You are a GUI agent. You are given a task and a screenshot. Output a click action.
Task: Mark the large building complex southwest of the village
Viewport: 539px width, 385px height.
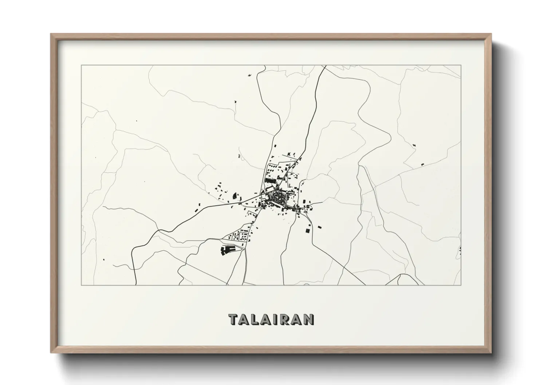(x=227, y=250)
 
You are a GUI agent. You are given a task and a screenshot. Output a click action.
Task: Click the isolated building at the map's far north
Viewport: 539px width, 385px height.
(x=249, y=75)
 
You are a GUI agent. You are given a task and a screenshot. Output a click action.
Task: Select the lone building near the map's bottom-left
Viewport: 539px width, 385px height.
(x=104, y=259)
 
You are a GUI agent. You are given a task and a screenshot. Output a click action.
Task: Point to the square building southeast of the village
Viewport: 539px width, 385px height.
(x=307, y=230)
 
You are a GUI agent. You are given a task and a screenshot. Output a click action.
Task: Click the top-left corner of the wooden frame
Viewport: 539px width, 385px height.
(x=51, y=34)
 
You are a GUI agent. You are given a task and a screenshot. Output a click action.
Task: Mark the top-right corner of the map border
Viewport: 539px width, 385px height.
(x=461, y=65)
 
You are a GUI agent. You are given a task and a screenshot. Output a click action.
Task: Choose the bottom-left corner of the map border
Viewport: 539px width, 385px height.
(x=81, y=285)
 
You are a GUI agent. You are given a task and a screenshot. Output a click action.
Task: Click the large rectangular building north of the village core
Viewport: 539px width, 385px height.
(x=270, y=180)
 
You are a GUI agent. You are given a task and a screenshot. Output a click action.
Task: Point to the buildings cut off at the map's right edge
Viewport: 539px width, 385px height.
(x=460, y=250)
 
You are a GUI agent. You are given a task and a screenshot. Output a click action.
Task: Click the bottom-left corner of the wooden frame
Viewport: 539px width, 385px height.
(x=51, y=353)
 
